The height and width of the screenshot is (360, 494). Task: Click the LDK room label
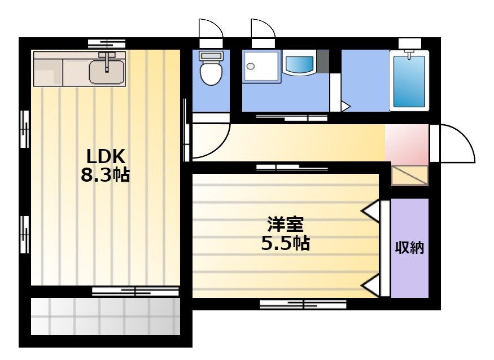coord(106,156)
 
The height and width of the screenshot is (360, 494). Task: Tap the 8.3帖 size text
coord(105,175)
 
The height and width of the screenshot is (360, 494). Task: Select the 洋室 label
coord(286,224)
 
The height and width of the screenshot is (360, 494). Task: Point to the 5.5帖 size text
coord(286,243)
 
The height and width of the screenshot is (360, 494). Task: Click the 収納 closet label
coord(409,248)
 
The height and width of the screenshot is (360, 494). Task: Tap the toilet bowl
coord(211,72)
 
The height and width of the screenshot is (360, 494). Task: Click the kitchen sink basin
coord(107,72)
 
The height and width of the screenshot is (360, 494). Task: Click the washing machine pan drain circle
coord(251,67)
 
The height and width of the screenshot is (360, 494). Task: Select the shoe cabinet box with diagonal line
coord(409,175)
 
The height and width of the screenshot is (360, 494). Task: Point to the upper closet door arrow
coord(370,211)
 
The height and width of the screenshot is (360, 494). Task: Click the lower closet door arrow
coord(370,286)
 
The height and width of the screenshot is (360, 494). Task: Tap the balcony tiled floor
coord(105,316)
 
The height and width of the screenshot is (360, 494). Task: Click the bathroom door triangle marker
coord(346,106)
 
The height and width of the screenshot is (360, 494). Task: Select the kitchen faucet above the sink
coord(107,60)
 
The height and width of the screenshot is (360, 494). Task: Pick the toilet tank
coord(211,56)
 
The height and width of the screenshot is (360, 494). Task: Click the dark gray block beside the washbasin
coord(323,61)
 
